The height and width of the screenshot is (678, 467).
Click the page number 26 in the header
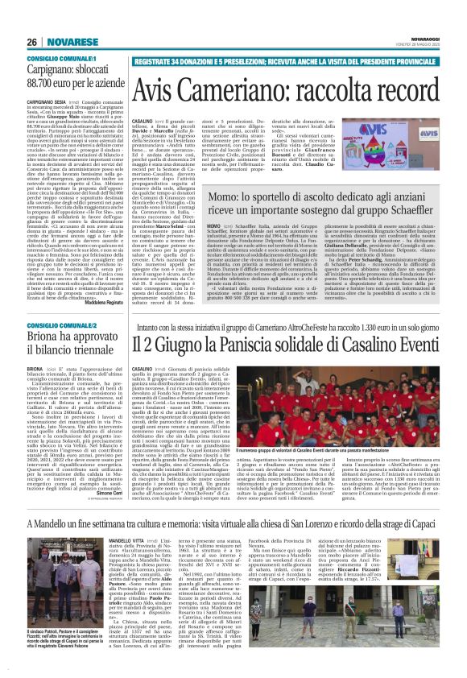[x=32, y=43]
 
